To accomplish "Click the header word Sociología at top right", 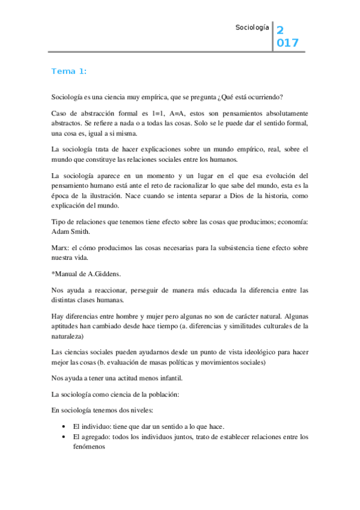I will pyautogui.click(x=252, y=28).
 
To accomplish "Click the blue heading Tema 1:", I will pyautogui.click(x=69, y=71).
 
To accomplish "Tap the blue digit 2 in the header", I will pyautogui.click(x=280, y=31).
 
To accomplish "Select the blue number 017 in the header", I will pyautogui.click(x=287, y=43).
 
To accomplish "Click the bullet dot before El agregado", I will pyautogui.click(x=64, y=437).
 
